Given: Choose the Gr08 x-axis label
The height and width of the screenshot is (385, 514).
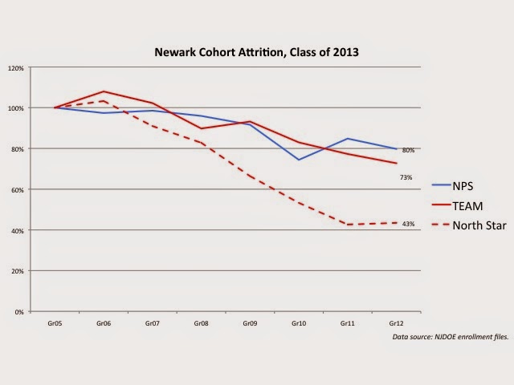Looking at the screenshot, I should click(201, 322).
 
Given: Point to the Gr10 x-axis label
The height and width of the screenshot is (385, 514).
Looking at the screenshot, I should click(299, 322).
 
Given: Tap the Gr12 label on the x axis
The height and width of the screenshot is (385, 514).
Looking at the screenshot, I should click(396, 322).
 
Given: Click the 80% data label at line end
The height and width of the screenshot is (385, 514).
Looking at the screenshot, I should click(408, 150).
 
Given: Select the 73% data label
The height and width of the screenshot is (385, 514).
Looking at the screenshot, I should click(406, 177).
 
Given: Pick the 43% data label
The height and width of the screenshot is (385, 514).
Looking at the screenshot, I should click(408, 224).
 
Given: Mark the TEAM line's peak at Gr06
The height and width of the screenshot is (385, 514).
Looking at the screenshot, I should click(104, 91).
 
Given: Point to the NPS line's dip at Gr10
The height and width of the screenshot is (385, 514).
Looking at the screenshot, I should click(299, 160).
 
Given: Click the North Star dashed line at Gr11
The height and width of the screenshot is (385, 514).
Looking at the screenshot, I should click(347, 225).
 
